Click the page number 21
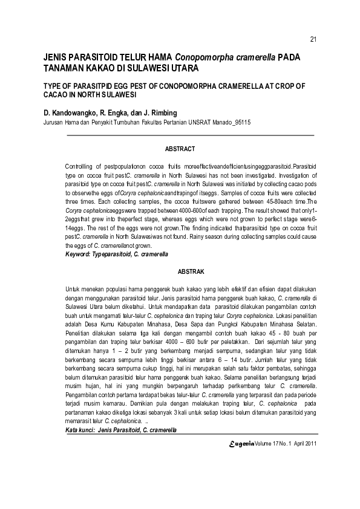(313, 40)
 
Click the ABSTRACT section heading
(180, 149)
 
